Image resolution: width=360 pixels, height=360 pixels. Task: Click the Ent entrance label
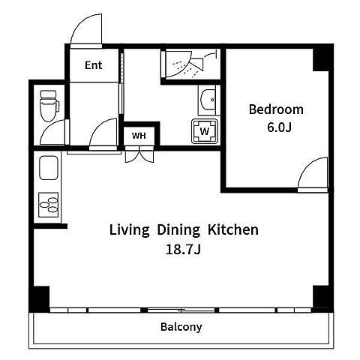coord(94,65)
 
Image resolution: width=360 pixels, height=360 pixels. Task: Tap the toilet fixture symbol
coord(49,106)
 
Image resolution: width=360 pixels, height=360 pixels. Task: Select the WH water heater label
coord(139,136)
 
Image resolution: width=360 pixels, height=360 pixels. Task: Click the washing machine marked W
coord(205,131)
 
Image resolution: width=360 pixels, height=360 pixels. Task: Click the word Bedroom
coord(276,109)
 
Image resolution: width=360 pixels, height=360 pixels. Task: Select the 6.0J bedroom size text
coord(279,127)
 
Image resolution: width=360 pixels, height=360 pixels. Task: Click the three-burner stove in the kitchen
coord(49,205)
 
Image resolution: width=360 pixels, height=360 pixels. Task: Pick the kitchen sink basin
coord(49,168)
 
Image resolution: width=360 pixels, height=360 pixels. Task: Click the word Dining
coord(178,230)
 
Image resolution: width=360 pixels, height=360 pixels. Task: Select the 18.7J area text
coord(183,249)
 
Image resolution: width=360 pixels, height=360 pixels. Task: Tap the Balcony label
coord(181,327)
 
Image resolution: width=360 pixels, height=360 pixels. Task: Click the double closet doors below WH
coord(139,154)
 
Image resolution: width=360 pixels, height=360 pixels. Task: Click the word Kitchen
coord(233,229)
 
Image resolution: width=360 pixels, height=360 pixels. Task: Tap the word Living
coord(129,230)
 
